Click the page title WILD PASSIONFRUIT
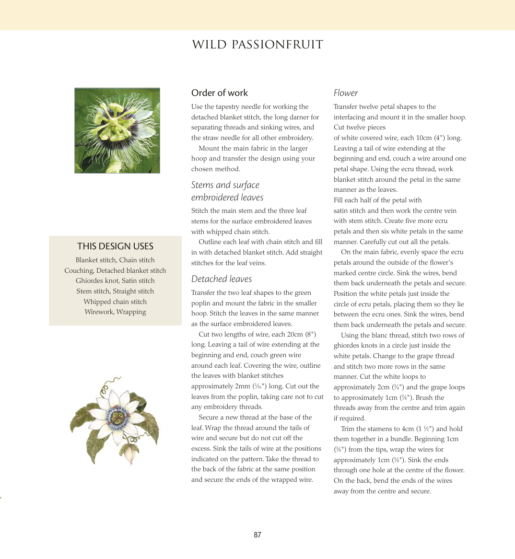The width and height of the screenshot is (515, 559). (x=257, y=45)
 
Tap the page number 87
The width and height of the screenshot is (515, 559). (x=257, y=535)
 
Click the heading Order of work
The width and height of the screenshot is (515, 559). (x=220, y=93)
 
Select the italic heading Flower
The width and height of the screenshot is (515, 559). (x=346, y=93)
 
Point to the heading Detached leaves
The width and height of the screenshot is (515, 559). (x=222, y=279)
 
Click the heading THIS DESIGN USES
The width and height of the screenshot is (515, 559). (x=115, y=246)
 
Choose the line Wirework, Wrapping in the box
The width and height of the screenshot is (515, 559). (x=115, y=312)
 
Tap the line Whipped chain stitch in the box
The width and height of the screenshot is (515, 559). (x=115, y=302)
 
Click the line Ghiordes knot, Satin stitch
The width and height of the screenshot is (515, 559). (x=115, y=281)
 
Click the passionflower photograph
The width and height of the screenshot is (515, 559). (x=117, y=130)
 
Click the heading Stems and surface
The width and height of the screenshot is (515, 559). (x=225, y=185)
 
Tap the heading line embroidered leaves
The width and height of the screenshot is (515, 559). (x=227, y=198)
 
